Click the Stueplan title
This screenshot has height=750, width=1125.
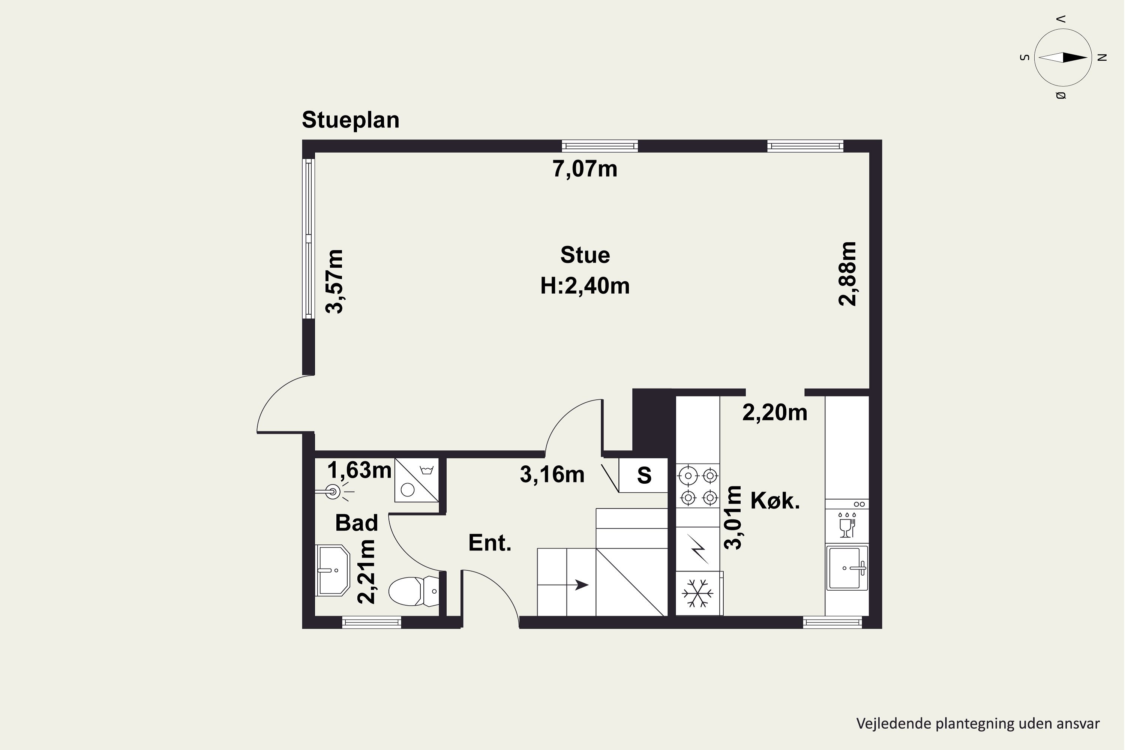click(x=351, y=120)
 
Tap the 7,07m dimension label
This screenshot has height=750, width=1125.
click(x=585, y=169)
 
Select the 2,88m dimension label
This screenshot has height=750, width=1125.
click(x=848, y=274)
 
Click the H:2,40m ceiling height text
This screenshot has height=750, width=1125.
click(x=585, y=285)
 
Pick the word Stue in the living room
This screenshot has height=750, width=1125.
click(x=585, y=255)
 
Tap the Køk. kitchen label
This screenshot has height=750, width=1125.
click(x=775, y=500)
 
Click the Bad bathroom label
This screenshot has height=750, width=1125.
click(x=356, y=523)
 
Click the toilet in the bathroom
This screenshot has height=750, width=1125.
click(x=414, y=591)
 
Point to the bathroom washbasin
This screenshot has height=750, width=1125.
click(x=333, y=570)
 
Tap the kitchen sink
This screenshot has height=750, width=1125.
click(x=847, y=568)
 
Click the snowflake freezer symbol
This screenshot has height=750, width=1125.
click(x=697, y=594)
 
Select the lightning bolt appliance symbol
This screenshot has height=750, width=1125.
click(x=698, y=549)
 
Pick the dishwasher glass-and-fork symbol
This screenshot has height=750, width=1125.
click(x=847, y=525)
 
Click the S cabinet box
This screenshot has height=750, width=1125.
click(x=643, y=475)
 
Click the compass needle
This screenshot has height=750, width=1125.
click(x=1063, y=58)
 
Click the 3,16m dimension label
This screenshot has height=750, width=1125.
click(x=552, y=474)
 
